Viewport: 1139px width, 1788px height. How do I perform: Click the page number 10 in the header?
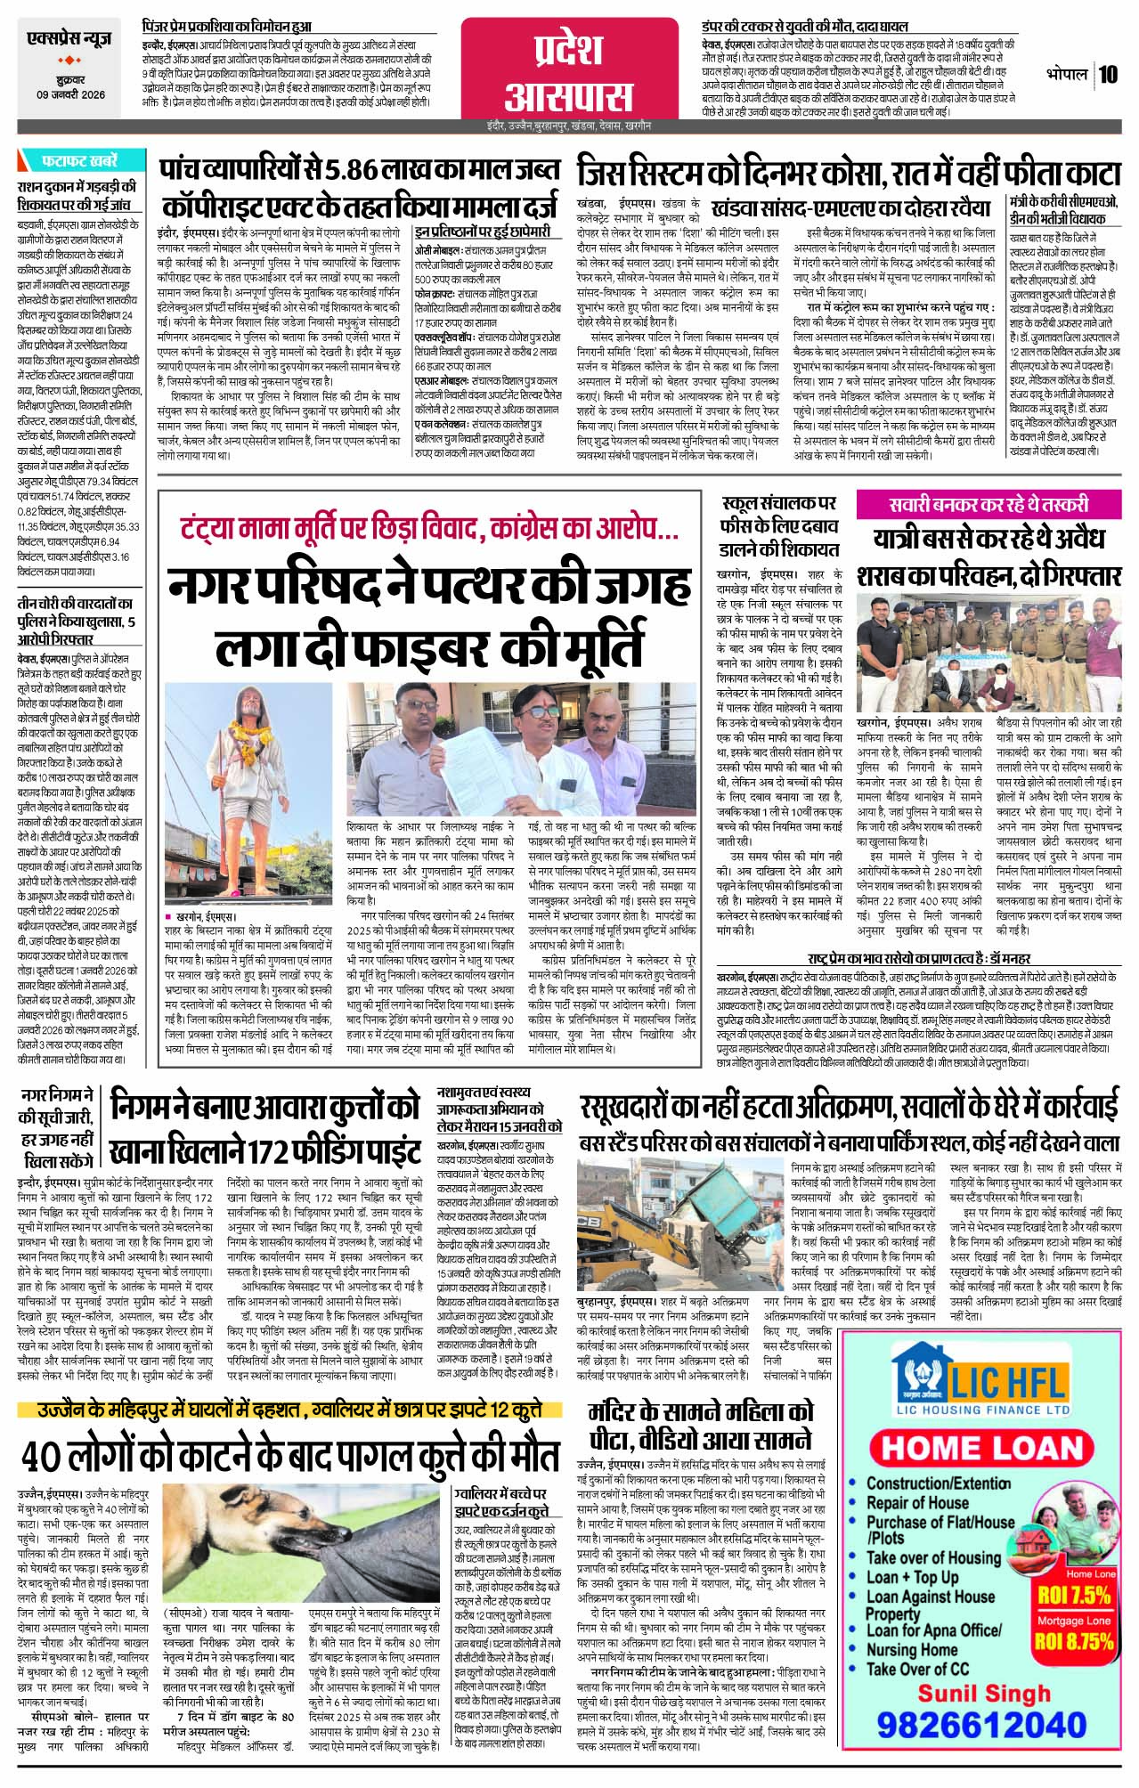1108,74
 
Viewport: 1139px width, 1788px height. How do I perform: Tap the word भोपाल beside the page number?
1068,75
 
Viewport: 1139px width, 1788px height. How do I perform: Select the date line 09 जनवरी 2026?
70,95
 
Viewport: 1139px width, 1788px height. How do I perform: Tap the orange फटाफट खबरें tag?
78,162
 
